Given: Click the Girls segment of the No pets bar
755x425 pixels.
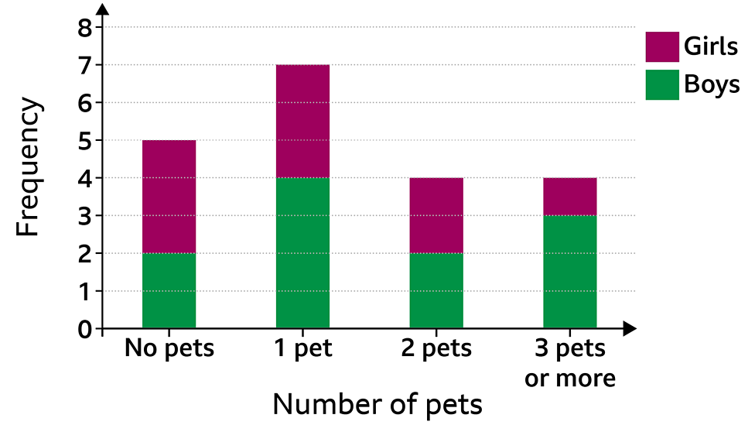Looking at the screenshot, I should [169, 197].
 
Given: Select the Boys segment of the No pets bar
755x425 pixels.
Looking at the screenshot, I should [169, 291].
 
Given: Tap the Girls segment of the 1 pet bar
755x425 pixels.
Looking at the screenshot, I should [302, 121].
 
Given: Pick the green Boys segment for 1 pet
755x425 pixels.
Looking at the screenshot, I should [302, 253].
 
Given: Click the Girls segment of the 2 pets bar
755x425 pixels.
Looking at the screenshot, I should [436, 215].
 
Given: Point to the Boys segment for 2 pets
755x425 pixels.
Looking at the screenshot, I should [436, 291].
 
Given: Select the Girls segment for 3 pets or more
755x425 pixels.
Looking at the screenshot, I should [570, 197].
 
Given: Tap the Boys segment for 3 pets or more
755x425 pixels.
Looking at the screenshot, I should [570, 272].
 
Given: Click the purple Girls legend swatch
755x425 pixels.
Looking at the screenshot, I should [662, 46].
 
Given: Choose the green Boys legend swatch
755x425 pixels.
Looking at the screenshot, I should [662, 84].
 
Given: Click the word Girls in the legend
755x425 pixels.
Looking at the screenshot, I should [711, 46].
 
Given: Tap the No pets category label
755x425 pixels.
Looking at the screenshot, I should [169, 349].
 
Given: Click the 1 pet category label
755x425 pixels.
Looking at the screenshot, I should [302, 349].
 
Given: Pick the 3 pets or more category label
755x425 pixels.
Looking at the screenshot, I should [570, 363].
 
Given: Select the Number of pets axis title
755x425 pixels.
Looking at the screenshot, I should [377, 404].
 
